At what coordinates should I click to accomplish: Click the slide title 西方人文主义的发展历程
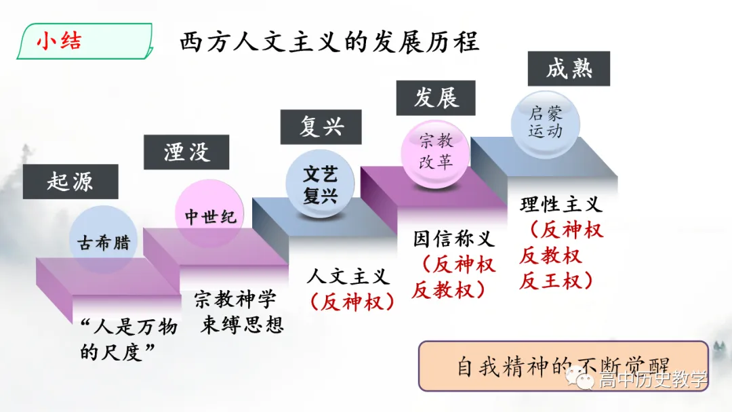click(x=329, y=43)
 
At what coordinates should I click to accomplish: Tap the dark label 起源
click(x=70, y=182)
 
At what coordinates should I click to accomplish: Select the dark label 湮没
click(x=186, y=152)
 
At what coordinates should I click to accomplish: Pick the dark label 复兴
click(x=321, y=127)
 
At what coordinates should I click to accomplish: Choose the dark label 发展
click(x=436, y=98)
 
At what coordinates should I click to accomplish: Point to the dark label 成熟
click(x=569, y=68)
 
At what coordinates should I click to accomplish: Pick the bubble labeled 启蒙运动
click(x=546, y=122)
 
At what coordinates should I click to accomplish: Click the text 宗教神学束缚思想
click(x=236, y=312)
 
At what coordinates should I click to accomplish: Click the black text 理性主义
click(x=561, y=205)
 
